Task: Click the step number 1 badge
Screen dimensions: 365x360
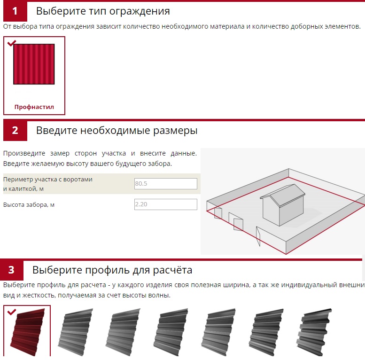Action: point(15,11)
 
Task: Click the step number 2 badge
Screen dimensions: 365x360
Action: point(15,130)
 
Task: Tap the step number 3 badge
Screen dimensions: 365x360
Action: point(12,270)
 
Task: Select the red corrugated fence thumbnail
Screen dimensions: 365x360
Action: point(34,64)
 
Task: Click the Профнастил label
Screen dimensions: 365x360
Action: point(34,107)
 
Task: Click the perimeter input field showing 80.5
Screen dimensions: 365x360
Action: point(166,183)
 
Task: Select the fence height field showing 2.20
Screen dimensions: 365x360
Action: point(166,204)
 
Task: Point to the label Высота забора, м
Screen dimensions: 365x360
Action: point(29,205)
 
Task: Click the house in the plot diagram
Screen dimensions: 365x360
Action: point(283,205)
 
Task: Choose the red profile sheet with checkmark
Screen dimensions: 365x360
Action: point(27,331)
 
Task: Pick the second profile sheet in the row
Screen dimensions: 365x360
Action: point(75,332)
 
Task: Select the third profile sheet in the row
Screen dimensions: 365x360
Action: point(123,332)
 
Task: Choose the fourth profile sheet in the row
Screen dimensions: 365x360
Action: point(171,332)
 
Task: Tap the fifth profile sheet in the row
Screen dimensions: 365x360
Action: point(218,332)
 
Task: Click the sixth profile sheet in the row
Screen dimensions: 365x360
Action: point(266,332)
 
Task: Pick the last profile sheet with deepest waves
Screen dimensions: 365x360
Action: point(314,332)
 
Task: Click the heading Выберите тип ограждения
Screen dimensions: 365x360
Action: point(103,11)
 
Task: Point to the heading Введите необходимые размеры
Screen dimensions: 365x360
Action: point(117,130)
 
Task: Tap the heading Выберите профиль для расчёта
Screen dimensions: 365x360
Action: point(112,270)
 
